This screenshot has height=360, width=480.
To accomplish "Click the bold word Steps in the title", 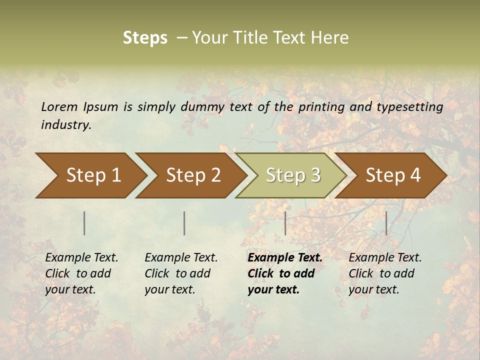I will (x=145, y=38).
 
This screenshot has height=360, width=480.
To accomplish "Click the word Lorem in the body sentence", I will (x=59, y=106).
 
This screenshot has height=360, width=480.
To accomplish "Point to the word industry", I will (x=66, y=124).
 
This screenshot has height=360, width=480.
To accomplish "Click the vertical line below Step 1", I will (x=84, y=223).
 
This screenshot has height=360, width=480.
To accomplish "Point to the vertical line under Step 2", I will (x=184, y=223).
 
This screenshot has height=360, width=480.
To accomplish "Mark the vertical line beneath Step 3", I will (x=285, y=223).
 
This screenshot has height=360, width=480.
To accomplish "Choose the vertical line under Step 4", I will (x=386, y=223).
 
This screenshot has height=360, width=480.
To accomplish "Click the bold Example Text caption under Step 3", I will (x=284, y=273).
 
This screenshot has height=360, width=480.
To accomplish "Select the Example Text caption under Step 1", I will (x=81, y=273).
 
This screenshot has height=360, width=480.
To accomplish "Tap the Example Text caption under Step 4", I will (x=385, y=273).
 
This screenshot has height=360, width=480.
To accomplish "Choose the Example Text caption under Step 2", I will (x=181, y=273).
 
